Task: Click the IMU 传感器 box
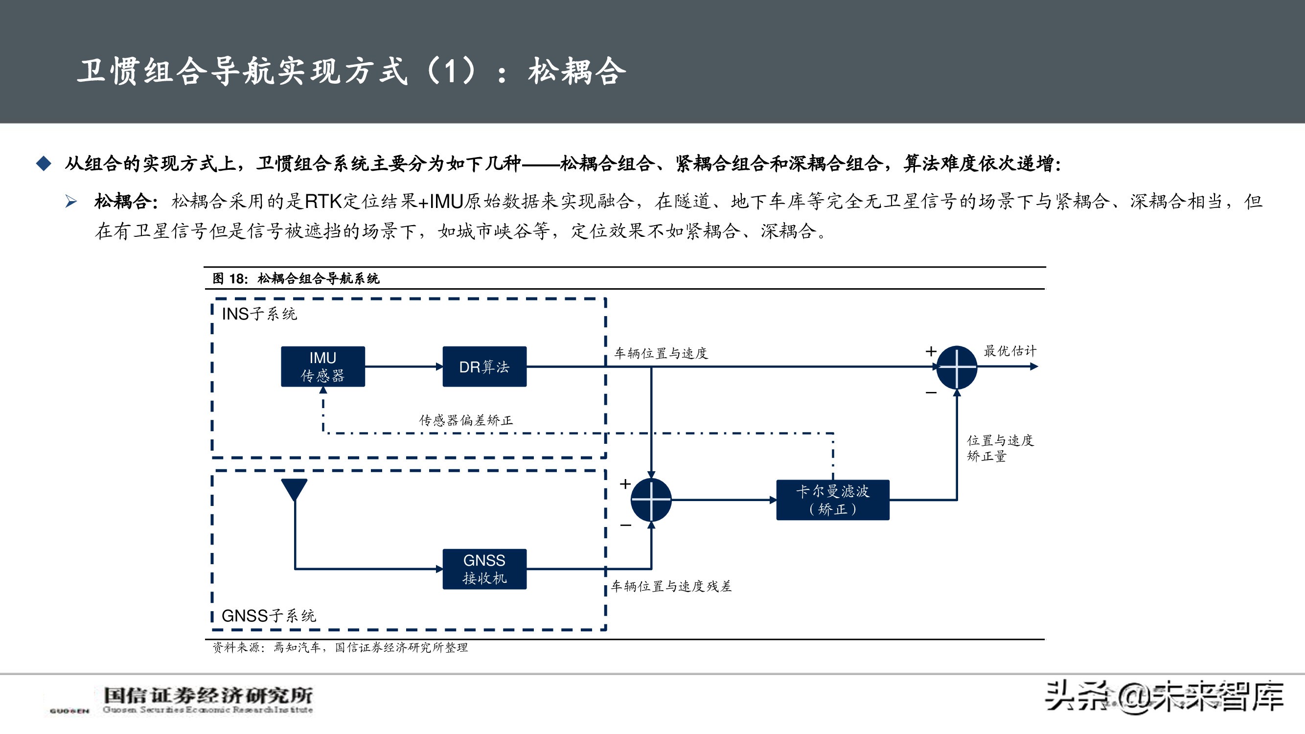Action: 323,366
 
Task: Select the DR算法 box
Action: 484,366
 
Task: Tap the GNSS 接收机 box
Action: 484,569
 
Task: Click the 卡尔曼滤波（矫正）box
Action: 832,500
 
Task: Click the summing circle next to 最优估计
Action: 957,367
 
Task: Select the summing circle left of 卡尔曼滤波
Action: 651,500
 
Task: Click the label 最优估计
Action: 1009,350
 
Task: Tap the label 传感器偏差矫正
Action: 465,420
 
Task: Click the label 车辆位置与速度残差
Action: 671,586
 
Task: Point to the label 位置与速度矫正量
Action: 999,448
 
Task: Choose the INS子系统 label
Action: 259,314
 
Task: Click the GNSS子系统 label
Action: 269,616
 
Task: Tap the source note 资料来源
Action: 340,647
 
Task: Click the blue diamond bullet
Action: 44,163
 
